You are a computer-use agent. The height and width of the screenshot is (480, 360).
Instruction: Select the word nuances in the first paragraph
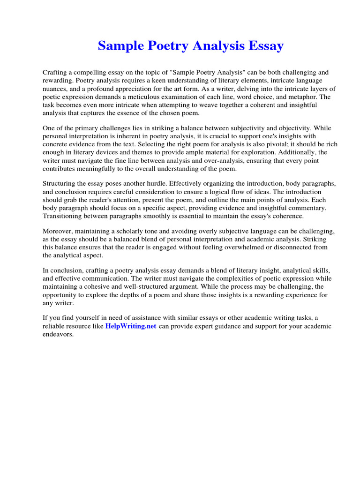pyautogui.click(x=56, y=89)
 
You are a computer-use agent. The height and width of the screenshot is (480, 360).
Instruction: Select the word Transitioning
pyautogui.click(x=64, y=216)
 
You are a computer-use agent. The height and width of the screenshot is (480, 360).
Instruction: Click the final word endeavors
pyautogui.click(x=58, y=335)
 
